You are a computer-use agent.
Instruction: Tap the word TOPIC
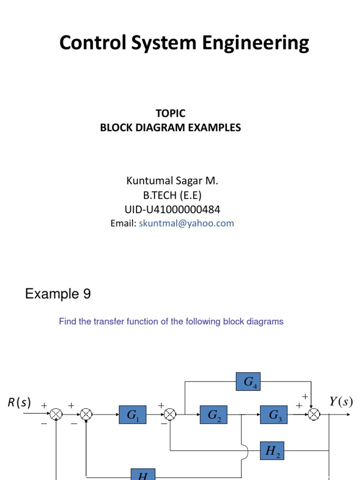pos(171,113)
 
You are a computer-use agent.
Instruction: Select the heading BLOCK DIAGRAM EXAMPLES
pos(171,127)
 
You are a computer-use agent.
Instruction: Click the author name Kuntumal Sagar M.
pos(172,180)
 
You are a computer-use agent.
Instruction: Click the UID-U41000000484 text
pos(172,209)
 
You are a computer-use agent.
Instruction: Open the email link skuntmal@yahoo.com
pos(186,224)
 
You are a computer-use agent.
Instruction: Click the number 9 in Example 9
pos(86,294)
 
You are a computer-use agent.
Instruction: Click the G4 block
pos(248,382)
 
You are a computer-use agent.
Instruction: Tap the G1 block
pos(133,415)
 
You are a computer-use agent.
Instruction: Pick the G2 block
pos(214,415)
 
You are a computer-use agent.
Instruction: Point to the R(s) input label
pos(19,402)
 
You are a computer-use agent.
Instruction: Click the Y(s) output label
pos(340,402)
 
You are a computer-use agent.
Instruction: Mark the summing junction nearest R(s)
pos(56,414)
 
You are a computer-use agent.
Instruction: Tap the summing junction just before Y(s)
pos(314,414)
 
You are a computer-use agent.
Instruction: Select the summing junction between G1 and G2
pos(170,414)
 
